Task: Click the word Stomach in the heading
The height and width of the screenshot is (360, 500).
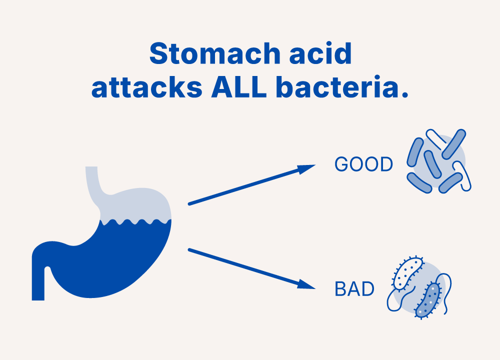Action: click(x=215, y=53)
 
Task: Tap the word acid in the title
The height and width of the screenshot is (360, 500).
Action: click(x=320, y=53)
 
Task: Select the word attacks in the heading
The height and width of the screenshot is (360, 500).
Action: click(x=147, y=87)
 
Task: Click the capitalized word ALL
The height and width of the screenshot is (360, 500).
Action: click(x=239, y=86)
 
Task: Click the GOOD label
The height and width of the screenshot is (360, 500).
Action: click(x=363, y=164)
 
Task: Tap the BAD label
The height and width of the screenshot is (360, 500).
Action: click(x=354, y=289)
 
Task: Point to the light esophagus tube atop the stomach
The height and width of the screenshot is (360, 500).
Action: click(x=93, y=185)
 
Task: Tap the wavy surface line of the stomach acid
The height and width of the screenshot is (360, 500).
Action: click(x=135, y=221)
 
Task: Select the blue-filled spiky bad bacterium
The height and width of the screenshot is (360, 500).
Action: click(x=428, y=300)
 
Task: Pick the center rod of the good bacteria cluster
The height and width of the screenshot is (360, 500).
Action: click(x=432, y=164)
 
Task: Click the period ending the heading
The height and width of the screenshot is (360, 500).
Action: click(x=405, y=94)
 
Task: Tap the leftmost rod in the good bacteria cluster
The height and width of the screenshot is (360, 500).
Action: click(x=415, y=152)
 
